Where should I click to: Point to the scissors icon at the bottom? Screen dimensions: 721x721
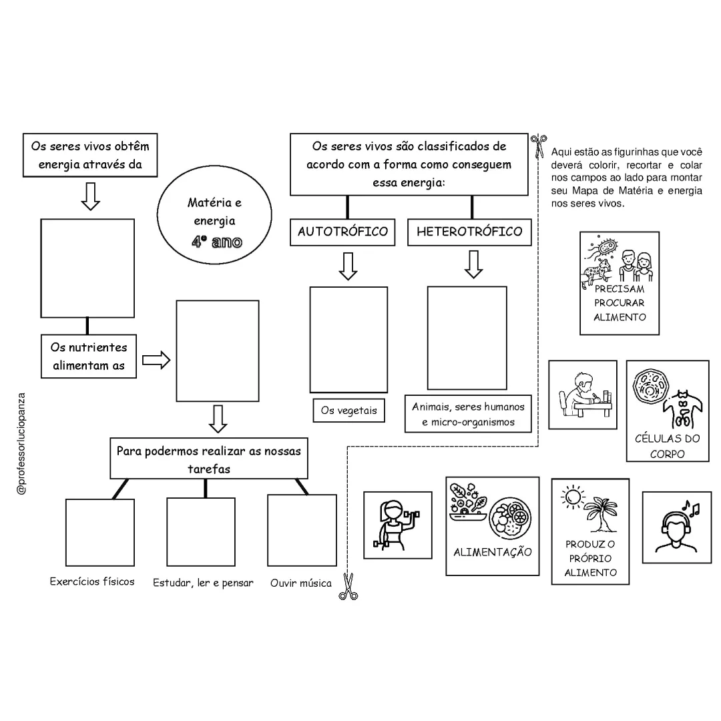[348, 586]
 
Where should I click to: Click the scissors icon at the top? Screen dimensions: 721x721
[539, 146]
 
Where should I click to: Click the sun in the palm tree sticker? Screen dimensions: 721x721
[573, 497]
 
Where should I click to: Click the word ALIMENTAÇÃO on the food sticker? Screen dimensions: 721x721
[493, 552]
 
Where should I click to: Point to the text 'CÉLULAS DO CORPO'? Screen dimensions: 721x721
[667, 446]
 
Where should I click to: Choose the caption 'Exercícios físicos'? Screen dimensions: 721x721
[92, 581]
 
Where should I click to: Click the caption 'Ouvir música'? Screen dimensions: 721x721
[300, 583]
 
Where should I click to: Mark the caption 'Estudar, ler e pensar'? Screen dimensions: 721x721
[203, 583]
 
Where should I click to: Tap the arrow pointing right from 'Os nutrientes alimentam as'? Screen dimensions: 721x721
[156, 360]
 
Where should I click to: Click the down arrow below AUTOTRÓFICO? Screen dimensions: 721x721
[348, 266]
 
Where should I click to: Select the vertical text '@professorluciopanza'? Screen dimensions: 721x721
[21, 444]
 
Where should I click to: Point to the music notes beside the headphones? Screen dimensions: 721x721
[692, 507]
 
